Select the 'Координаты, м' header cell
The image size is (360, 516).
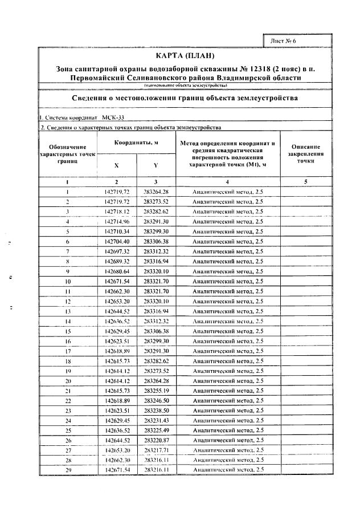[x=136, y=143]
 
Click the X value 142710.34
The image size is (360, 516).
[x=117, y=232]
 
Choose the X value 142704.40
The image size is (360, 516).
[x=117, y=242]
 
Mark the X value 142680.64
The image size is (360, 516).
[x=117, y=271]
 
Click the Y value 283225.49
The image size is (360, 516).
[x=156, y=430]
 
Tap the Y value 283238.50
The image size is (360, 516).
[x=156, y=410]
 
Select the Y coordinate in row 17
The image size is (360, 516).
[x=156, y=351]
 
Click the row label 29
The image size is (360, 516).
[x=68, y=469]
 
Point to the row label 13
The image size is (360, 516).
[x=68, y=311]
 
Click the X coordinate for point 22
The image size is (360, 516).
[x=117, y=400]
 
